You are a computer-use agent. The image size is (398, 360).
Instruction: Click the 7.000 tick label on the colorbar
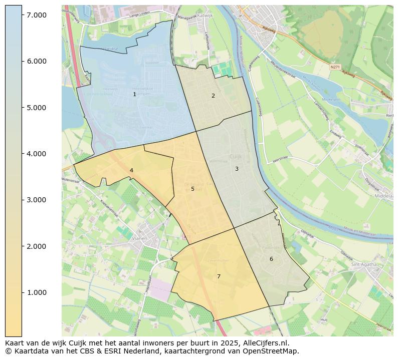coord(37,15)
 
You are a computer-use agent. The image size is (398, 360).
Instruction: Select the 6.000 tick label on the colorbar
coord(37,61)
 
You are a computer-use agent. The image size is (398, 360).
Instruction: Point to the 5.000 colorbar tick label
coord(37,108)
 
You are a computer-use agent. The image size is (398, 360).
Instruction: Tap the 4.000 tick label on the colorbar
coord(37,154)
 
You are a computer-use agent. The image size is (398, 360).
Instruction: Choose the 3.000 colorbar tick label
coord(37,200)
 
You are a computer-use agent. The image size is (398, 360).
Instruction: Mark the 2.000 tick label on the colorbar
coord(37,246)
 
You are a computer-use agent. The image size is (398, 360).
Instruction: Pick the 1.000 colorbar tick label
coord(37,292)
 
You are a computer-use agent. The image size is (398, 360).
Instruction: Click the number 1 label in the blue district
coord(134,94)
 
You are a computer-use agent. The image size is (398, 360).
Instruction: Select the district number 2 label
coord(213,96)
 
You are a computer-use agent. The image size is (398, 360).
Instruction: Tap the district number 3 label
coord(237,169)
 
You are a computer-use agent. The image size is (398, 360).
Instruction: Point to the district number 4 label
coord(131,170)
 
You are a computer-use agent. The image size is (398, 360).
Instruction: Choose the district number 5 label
coord(192,189)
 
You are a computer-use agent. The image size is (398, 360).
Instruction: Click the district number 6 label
coord(271,259)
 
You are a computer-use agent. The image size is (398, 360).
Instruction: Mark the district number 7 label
coord(219,276)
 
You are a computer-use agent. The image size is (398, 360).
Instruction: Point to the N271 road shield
coord(335,66)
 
